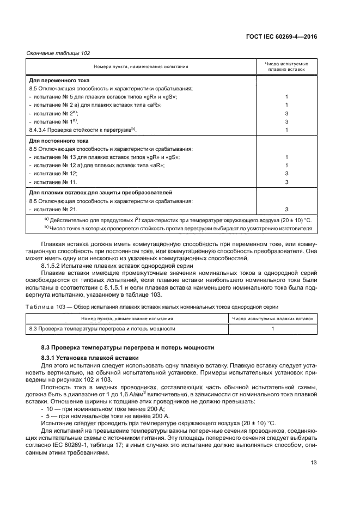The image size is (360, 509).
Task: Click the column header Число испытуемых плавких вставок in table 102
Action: [286, 66]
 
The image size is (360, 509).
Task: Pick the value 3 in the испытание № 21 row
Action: [286, 209]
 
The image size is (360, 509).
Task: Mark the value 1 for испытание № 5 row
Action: [286, 96]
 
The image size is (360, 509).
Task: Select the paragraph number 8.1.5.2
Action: [52, 265]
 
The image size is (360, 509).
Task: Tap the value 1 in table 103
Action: [273, 329]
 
